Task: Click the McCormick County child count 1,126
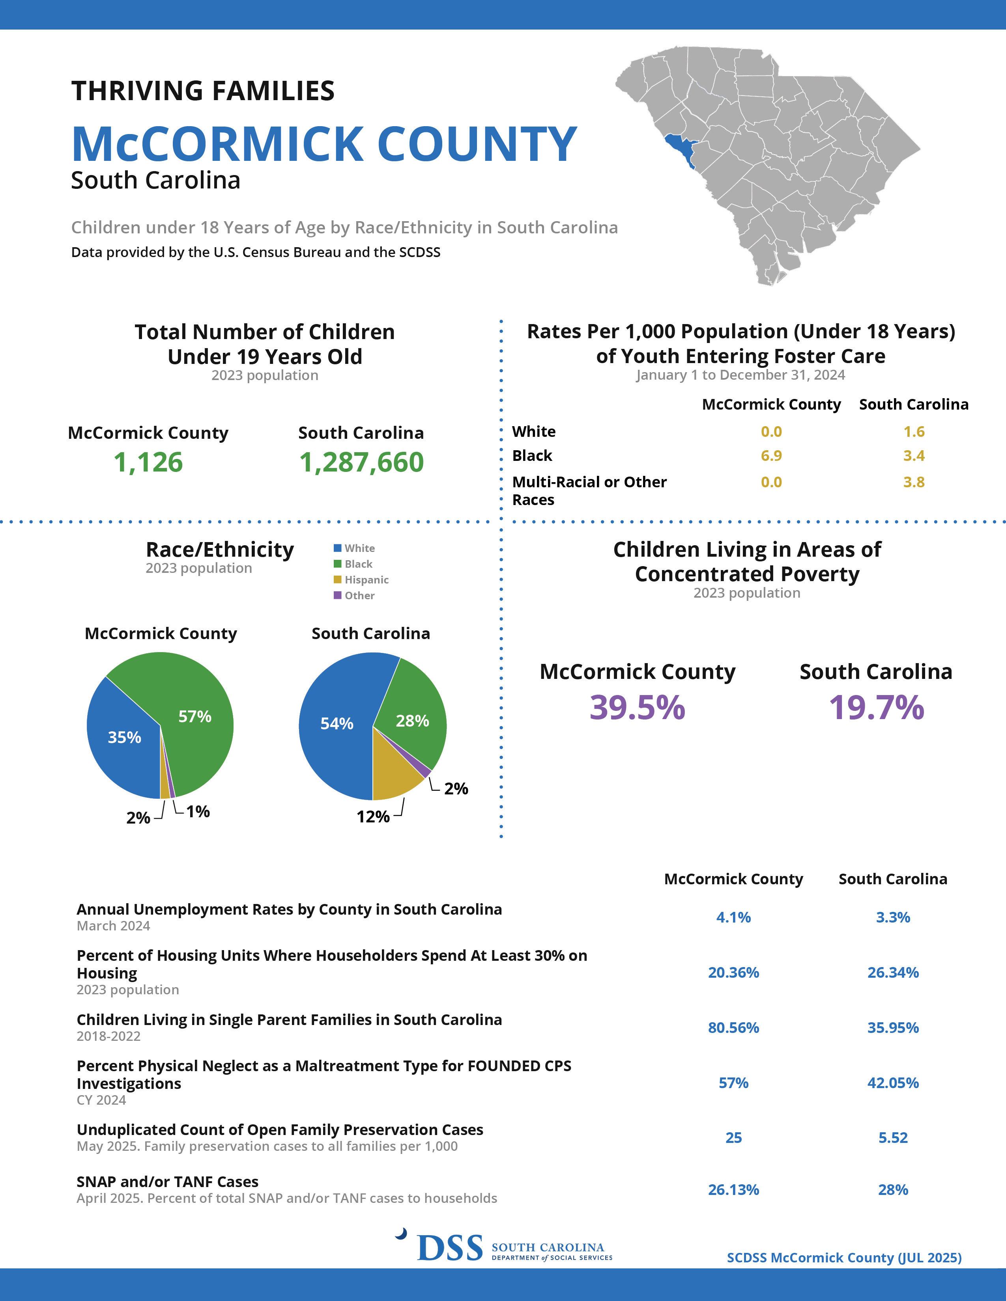(x=148, y=462)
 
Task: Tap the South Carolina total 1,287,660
(x=361, y=462)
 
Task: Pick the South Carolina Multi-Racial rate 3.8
(x=914, y=482)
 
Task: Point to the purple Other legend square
(x=337, y=595)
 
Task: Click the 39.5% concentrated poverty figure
(x=637, y=708)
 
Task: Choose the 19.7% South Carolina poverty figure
(x=876, y=708)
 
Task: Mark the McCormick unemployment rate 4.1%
(x=733, y=917)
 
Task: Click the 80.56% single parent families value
(x=733, y=1027)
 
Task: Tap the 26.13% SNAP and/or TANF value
(x=733, y=1189)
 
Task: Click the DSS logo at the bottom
(x=450, y=1247)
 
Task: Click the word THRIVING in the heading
(x=137, y=91)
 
